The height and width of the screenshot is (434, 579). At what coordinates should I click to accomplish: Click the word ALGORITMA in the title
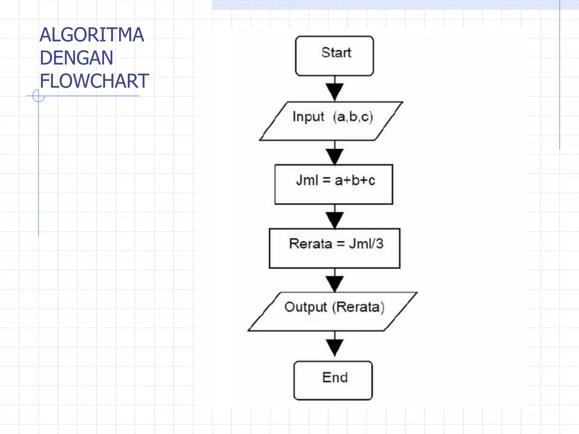pyautogui.click(x=92, y=35)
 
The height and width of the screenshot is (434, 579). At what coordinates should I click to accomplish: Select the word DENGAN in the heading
pyautogui.click(x=76, y=58)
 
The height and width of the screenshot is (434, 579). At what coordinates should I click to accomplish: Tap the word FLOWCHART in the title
pyautogui.click(x=94, y=81)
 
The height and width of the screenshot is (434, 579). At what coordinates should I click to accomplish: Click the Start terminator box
pyautogui.click(x=334, y=56)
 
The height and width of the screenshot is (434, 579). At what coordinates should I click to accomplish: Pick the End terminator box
pyautogui.click(x=333, y=380)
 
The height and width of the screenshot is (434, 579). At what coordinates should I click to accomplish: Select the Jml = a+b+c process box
pyautogui.click(x=334, y=185)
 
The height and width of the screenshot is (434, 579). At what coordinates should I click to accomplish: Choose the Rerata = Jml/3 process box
pyautogui.click(x=334, y=248)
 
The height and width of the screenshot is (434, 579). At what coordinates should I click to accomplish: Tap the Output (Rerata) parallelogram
pyautogui.click(x=332, y=311)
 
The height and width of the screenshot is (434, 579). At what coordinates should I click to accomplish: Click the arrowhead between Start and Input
pyautogui.click(x=335, y=91)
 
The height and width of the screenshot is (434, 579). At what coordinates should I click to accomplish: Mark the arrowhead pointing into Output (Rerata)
pyautogui.click(x=335, y=283)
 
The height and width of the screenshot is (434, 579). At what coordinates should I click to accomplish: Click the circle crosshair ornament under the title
pyautogui.click(x=38, y=96)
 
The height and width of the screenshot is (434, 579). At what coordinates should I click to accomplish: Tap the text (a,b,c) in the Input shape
pyautogui.click(x=353, y=117)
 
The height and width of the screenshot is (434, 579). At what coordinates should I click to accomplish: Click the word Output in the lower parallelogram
pyautogui.click(x=306, y=307)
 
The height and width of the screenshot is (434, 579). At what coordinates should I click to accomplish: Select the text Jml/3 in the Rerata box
pyautogui.click(x=366, y=244)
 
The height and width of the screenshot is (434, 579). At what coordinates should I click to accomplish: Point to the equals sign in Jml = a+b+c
pyautogui.click(x=327, y=180)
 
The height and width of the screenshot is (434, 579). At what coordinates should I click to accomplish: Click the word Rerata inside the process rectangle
pyautogui.click(x=310, y=244)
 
